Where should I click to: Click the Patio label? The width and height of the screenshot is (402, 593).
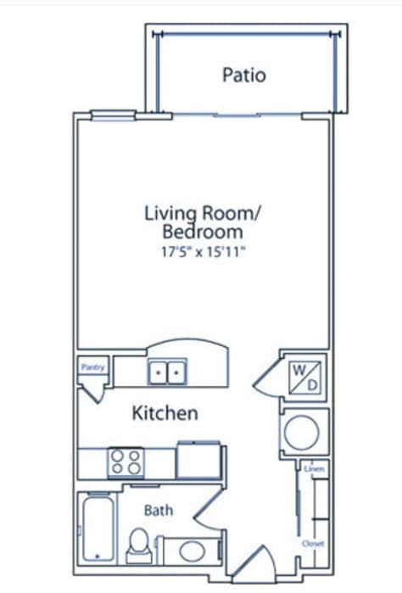click(x=244, y=75)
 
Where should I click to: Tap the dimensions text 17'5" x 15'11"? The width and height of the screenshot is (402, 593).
click(x=204, y=251)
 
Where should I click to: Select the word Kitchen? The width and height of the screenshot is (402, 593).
click(x=165, y=412)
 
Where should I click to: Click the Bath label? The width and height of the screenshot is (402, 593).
click(x=159, y=511)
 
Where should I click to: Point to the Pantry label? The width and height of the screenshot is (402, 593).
click(x=93, y=366)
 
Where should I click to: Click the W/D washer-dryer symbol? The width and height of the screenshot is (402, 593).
click(x=304, y=377)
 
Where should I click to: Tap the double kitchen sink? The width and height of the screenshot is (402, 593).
click(x=167, y=372)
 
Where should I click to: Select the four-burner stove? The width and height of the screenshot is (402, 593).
click(x=126, y=462)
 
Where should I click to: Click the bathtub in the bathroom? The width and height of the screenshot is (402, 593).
click(x=98, y=529)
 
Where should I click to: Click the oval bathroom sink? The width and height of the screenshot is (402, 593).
click(x=193, y=551)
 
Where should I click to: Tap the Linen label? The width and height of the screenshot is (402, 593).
click(x=315, y=469)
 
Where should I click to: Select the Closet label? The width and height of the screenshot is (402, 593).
click(x=313, y=544)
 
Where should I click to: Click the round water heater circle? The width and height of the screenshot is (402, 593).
click(x=302, y=433)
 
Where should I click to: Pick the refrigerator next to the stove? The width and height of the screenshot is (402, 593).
click(x=199, y=461)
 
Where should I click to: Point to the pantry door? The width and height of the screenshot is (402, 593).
click(x=93, y=394)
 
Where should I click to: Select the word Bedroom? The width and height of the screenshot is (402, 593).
click(x=203, y=232)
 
